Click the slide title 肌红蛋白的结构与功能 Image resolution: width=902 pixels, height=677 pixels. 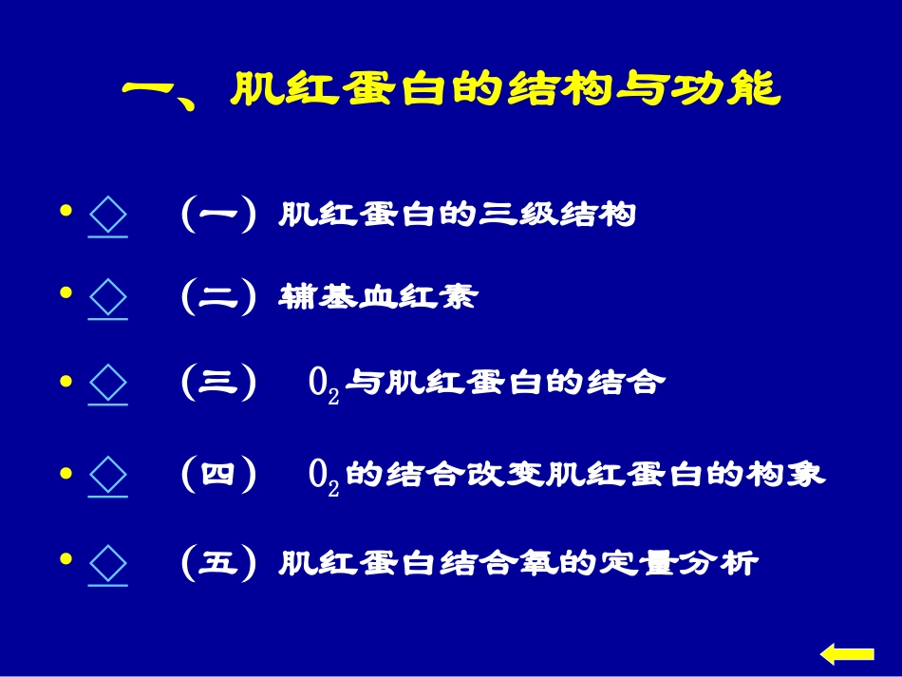[x=452, y=91]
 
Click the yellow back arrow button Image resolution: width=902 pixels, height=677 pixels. [x=846, y=653]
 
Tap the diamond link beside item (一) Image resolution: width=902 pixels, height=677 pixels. [x=107, y=216]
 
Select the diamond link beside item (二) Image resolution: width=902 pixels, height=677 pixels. [x=107, y=299]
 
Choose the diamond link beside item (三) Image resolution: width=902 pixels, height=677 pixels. [x=107, y=385]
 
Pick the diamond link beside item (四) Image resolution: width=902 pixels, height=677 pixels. [x=107, y=475]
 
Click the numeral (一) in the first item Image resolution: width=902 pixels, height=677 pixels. [x=218, y=216]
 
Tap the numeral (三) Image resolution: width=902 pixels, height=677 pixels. [x=218, y=384]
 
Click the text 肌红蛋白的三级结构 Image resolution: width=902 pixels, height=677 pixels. [x=457, y=216]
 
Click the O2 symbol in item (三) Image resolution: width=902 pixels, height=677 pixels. [x=324, y=386]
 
